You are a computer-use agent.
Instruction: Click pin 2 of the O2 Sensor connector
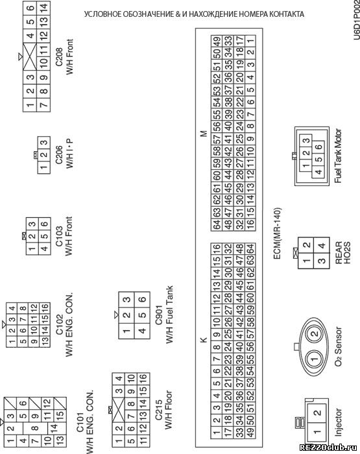[x=315, y=333]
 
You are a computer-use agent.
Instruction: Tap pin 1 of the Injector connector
[x=317, y=431]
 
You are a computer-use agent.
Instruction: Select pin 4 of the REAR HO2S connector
[x=322, y=246]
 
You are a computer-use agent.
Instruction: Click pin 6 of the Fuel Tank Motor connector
[x=318, y=147]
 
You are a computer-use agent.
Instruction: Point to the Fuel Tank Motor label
[x=338, y=156]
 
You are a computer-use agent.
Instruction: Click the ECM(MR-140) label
[x=277, y=233]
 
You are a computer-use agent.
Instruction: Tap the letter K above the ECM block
[x=204, y=340]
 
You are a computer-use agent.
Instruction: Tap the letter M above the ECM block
[x=204, y=134]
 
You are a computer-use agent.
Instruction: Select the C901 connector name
[x=159, y=315]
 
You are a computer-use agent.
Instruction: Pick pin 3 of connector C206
[x=43, y=143]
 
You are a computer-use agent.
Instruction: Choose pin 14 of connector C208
[x=44, y=8]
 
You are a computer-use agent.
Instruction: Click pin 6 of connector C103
[x=44, y=224]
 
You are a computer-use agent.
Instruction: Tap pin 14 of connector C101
[x=54, y=427]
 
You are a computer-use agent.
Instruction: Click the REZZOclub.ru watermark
[x=329, y=448]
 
